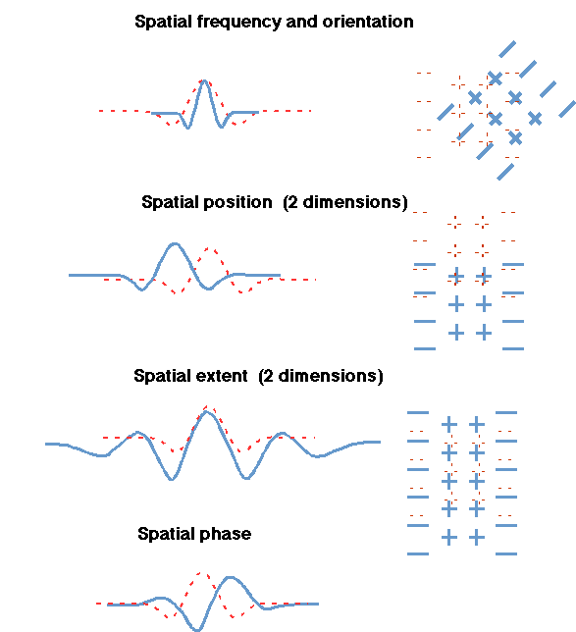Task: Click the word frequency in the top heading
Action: (x=238, y=23)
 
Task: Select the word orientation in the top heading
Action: (x=368, y=22)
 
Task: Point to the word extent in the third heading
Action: (x=222, y=376)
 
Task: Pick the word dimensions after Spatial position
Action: (x=350, y=202)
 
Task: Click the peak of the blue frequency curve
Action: (x=204, y=81)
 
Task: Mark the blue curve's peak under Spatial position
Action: (x=175, y=243)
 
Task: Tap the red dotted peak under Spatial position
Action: (x=208, y=249)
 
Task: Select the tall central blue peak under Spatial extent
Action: (x=207, y=412)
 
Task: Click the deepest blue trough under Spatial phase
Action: (x=197, y=629)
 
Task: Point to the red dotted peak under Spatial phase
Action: (x=199, y=573)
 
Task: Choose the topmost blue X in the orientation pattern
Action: (x=495, y=79)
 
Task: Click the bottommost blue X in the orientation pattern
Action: (x=515, y=138)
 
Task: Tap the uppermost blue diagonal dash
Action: (x=507, y=49)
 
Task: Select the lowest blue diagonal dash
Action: (x=505, y=172)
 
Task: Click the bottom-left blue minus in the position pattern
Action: (x=425, y=348)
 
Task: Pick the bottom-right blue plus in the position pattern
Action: (x=484, y=334)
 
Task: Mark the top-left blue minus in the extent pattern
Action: (x=418, y=413)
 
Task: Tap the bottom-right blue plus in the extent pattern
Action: (x=477, y=538)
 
